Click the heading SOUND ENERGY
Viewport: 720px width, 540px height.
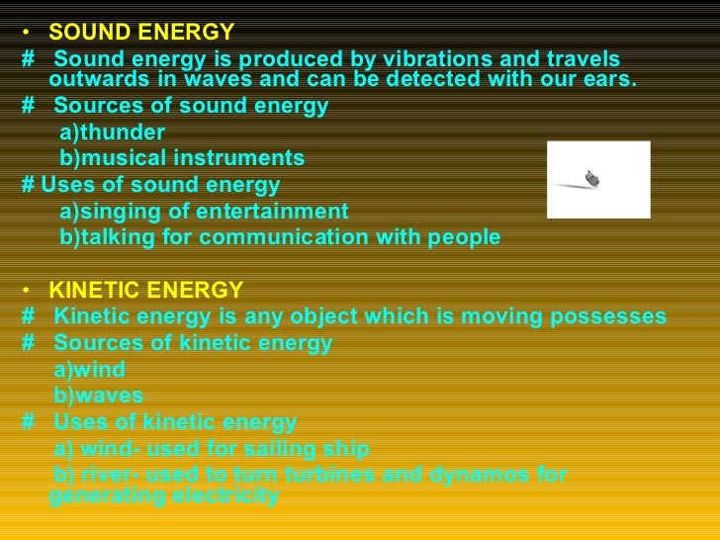[141, 33]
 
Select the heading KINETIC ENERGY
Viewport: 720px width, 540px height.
[145, 290]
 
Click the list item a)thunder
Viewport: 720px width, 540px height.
[112, 132]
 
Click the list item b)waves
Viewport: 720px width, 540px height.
[98, 396]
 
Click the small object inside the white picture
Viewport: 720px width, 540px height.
[591, 179]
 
